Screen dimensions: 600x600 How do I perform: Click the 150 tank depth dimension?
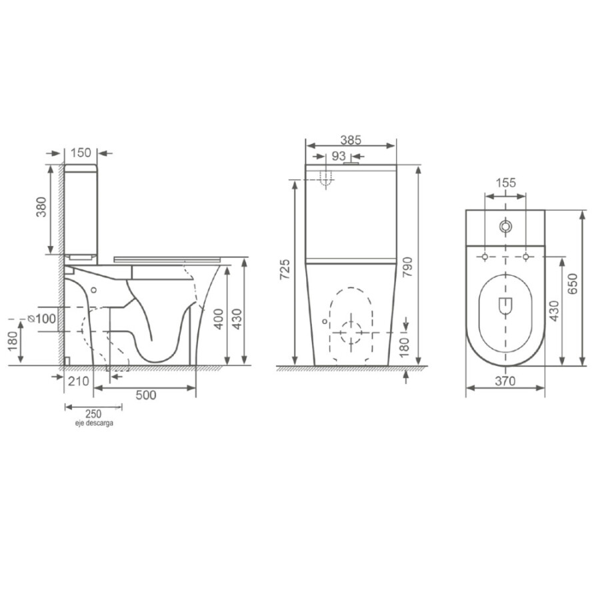coord(81,153)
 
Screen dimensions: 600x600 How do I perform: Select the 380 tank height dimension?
coord(41,207)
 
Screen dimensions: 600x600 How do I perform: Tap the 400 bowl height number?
coord(219,319)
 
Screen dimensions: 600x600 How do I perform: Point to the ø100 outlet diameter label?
coord(42,319)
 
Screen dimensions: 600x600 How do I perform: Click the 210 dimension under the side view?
coord(79,381)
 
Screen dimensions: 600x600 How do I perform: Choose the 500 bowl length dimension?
coord(146,395)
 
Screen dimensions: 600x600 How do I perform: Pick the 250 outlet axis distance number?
coord(93,413)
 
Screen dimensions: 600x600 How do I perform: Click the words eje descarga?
coord(94,423)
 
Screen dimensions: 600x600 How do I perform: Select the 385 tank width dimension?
coord(351,140)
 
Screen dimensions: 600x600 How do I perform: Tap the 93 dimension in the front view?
coord(339,156)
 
